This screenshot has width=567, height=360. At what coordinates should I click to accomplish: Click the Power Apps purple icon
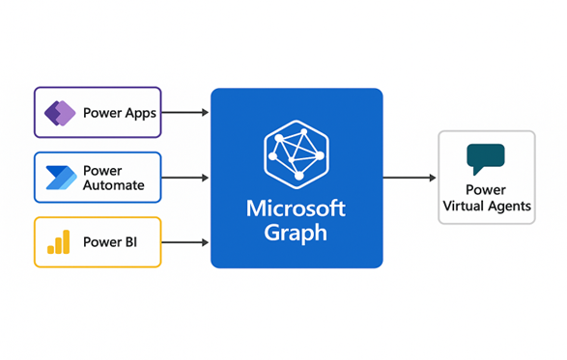[60, 113]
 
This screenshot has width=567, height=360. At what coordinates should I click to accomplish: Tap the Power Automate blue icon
[61, 178]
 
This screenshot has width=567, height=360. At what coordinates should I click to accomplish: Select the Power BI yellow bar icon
[59, 241]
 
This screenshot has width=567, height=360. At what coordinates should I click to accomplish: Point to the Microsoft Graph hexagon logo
[297, 151]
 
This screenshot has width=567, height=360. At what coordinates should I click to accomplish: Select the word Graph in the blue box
[297, 233]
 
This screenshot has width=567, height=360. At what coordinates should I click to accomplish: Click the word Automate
[114, 185]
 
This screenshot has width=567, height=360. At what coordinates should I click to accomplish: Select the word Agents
[509, 206]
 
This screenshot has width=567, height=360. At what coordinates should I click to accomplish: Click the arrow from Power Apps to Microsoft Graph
[185, 113]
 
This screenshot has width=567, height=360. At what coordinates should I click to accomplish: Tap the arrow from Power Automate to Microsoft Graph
[185, 178]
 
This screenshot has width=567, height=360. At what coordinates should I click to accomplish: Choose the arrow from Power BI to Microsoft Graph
[185, 241]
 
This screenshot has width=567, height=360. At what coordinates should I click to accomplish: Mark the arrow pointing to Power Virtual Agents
[410, 178]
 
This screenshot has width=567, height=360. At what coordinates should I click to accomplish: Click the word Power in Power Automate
[102, 170]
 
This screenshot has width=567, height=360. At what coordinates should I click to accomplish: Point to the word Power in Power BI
[101, 241]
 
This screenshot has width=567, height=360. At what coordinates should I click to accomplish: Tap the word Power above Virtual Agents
[486, 190]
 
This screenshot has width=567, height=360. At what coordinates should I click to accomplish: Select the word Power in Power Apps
[101, 113]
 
